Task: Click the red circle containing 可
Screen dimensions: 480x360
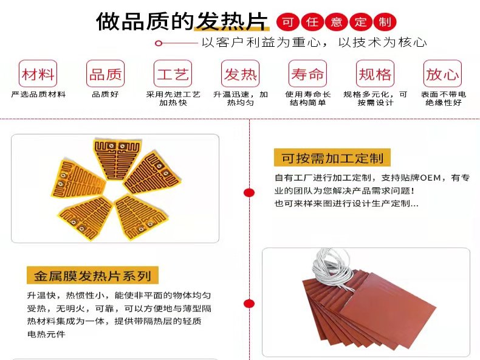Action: coord(288,22)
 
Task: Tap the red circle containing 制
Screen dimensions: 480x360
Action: coord(385,22)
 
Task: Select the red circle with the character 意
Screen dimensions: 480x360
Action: coord(337,22)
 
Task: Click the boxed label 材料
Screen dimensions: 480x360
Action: coord(38,74)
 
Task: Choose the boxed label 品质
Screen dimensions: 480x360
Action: coord(105,74)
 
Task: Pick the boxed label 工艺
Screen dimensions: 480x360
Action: coord(173,74)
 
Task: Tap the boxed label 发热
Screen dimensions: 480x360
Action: coord(241,74)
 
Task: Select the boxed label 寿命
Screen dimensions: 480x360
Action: coord(307,74)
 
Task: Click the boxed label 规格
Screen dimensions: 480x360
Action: coord(375,74)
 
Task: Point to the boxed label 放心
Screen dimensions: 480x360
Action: coord(443,74)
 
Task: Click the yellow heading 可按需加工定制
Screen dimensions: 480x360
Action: coord(332,157)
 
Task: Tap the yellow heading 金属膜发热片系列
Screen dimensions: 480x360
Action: coord(92,275)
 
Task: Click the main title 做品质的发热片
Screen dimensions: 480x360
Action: coord(182,21)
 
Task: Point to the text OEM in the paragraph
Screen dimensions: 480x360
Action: coord(430,178)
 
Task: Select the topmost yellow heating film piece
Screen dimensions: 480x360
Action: coord(117,159)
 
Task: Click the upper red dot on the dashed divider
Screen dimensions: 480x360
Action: coord(249,192)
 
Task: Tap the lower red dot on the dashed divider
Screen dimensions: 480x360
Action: coord(249,303)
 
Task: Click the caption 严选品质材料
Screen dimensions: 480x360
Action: coord(38,94)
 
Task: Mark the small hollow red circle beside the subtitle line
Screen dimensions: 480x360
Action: coord(158,43)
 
